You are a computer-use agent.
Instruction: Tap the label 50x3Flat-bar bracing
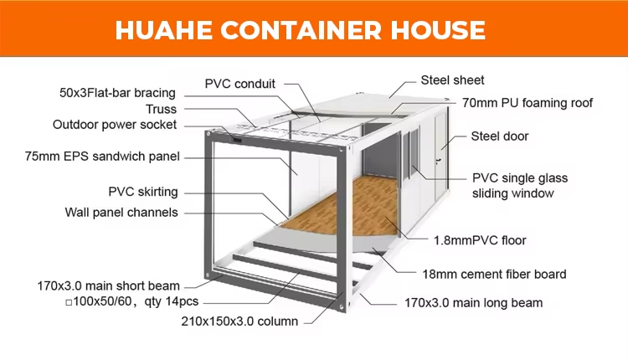tap(117, 91)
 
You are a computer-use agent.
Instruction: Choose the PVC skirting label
tap(143, 191)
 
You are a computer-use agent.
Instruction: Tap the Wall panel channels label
tap(121, 212)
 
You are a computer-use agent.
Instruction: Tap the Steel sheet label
tap(452, 80)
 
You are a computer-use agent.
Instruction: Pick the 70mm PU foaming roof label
tap(528, 103)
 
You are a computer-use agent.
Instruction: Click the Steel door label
tap(500, 136)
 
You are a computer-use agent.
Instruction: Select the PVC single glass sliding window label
tap(519, 186)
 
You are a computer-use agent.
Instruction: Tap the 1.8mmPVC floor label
tap(480, 240)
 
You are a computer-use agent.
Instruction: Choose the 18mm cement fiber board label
tap(493, 274)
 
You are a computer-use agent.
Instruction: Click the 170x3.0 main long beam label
tap(473, 302)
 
